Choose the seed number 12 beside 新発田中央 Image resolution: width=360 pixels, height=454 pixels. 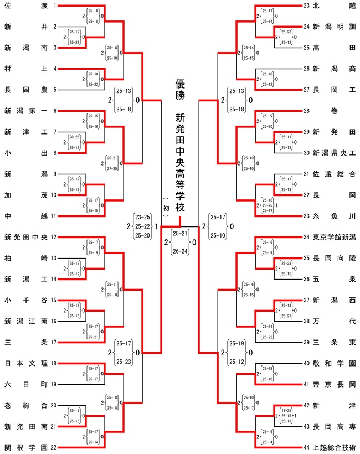click(54, 237)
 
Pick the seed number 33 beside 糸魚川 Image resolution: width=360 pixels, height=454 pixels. click(307, 216)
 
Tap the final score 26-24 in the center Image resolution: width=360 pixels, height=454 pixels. click(181, 250)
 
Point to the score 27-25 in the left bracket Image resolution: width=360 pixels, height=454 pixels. click(111, 168)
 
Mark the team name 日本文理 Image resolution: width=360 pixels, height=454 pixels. click(25, 363)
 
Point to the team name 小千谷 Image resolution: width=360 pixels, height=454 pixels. click(25, 300)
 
